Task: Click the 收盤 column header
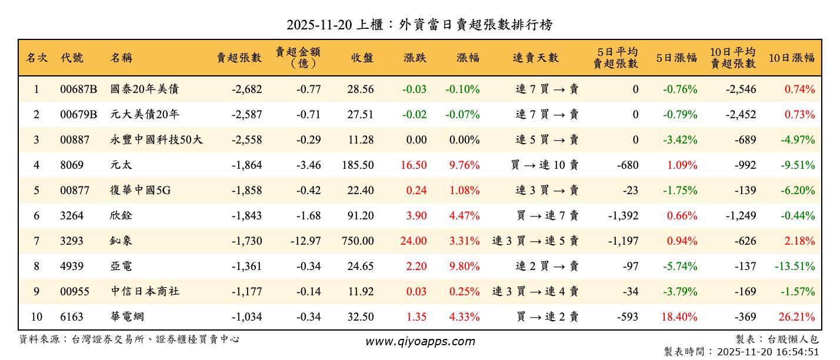[362, 58]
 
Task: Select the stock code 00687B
[78, 89]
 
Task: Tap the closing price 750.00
[357, 241]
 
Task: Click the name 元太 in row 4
[121, 165]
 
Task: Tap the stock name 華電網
[127, 317]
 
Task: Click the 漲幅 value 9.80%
[464, 266]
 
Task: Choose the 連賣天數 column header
[535, 58]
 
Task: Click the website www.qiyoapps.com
[419, 342]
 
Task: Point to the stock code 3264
[72, 216]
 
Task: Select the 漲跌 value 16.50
[414, 165]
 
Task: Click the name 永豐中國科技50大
[156, 140]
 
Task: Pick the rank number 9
[36, 292]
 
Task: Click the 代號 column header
[72, 58]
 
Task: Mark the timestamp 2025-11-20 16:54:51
[768, 352]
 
